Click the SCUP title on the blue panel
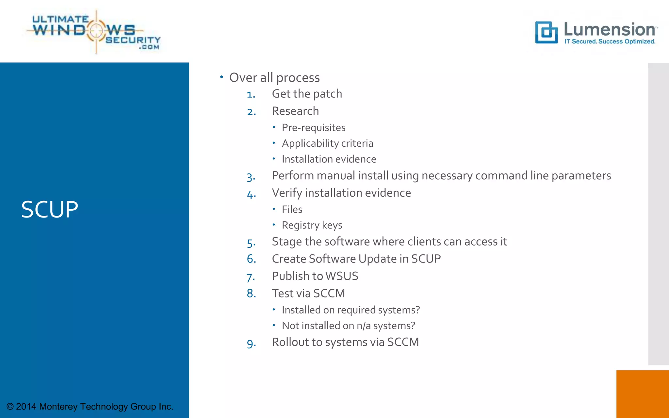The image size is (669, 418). (50, 209)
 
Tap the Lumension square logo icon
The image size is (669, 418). (546, 32)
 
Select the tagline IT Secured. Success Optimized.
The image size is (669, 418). (610, 41)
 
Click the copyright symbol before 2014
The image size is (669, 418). (10, 407)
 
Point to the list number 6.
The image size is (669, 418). (251, 259)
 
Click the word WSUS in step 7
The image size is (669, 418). (342, 276)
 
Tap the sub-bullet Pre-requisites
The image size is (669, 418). (314, 128)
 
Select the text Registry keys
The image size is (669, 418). (312, 225)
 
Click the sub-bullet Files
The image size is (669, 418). (292, 209)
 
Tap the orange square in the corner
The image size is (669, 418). (642, 394)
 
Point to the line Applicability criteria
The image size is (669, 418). (327, 143)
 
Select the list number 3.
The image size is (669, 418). (251, 177)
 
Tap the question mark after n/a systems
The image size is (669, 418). (413, 326)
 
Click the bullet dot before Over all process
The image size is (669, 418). (221, 77)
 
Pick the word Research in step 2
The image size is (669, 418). (295, 111)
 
